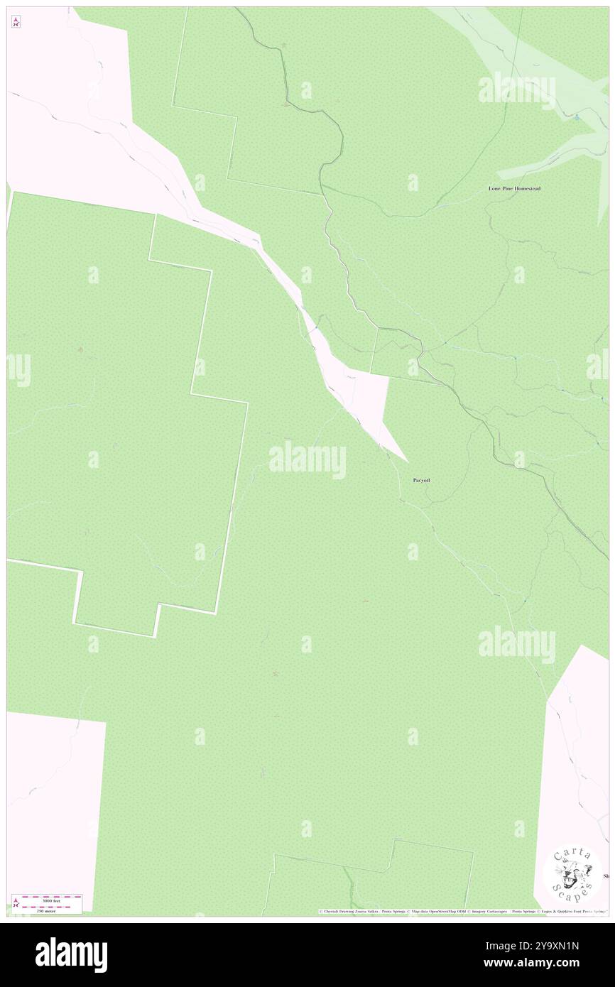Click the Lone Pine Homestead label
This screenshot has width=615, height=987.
(x=514, y=189)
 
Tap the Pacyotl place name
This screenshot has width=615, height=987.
(x=421, y=481)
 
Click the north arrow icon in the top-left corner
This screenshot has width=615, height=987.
(x=16, y=22)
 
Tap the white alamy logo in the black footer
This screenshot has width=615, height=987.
(x=71, y=954)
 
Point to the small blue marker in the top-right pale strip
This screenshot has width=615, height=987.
(x=577, y=116)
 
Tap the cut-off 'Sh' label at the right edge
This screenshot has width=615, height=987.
(x=606, y=876)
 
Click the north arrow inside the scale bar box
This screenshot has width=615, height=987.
(x=16, y=904)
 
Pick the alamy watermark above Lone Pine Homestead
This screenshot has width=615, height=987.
(x=516, y=90)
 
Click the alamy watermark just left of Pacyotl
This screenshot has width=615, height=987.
(x=307, y=459)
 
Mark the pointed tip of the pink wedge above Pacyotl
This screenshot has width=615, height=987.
(x=407, y=461)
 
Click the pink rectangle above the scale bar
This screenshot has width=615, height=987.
(x=55, y=802)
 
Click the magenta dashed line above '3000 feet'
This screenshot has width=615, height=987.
(x=52, y=896)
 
